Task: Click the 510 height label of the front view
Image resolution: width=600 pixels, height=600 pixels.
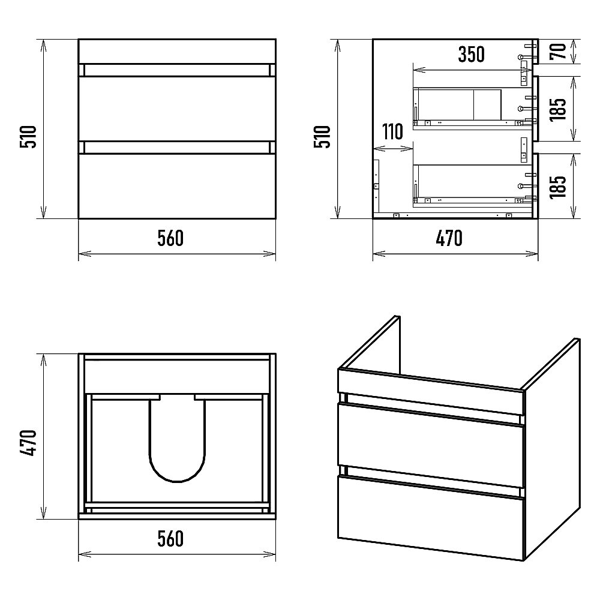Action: (x=28, y=137)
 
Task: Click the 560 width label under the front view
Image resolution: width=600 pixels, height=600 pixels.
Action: (x=170, y=238)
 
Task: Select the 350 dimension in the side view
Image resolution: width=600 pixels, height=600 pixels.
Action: (x=472, y=55)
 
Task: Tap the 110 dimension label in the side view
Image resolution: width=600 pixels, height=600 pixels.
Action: (x=392, y=131)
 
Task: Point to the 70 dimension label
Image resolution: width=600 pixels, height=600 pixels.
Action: (x=558, y=52)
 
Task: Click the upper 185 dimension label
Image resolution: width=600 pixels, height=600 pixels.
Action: (x=558, y=109)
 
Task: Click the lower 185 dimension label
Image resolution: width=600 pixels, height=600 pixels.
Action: (x=558, y=187)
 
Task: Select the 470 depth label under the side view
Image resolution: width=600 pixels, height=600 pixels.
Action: (x=449, y=238)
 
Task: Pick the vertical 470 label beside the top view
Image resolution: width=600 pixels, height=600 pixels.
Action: (x=28, y=443)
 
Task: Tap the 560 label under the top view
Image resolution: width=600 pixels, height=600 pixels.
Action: (x=170, y=538)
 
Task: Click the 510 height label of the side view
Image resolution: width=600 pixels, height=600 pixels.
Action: (x=322, y=137)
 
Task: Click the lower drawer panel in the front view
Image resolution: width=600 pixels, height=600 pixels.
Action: (x=177, y=186)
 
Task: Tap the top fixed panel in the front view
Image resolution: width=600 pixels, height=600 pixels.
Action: (x=177, y=51)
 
